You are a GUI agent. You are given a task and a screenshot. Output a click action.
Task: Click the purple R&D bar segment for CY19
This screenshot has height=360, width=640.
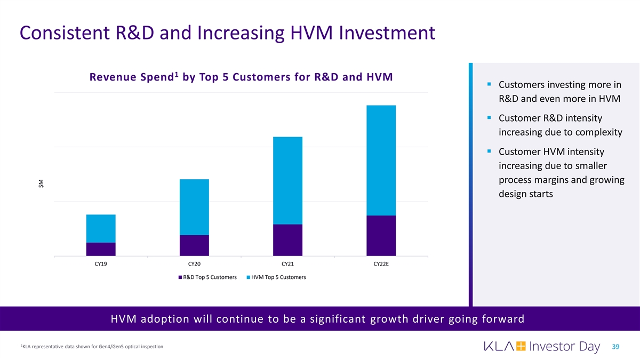(x=101, y=249)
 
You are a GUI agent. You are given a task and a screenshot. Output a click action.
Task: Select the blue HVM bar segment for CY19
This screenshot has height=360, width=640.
(x=101, y=228)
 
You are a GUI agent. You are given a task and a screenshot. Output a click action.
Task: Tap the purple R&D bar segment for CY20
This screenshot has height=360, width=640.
(x=194, y=245)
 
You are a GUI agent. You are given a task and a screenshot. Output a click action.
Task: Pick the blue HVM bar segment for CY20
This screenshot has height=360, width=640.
(x=194, y=207)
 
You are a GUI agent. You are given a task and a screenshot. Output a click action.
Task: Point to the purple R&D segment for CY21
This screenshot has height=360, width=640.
(x=287, y=240)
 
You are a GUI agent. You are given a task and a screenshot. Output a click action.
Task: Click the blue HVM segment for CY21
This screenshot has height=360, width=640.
(x=287, y=180)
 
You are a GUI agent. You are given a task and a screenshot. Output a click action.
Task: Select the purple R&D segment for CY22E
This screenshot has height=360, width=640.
(x=381, y=236)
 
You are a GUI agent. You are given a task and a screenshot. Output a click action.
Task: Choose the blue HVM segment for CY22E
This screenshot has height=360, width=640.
(x=381, y=160)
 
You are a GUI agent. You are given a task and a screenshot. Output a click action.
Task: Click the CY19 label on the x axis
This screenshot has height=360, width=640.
(x=101, y=264)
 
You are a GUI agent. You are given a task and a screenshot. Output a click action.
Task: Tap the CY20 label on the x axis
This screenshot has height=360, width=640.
(x=194, y=264)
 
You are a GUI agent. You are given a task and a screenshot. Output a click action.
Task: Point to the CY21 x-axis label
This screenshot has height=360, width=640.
(x=287, y=264)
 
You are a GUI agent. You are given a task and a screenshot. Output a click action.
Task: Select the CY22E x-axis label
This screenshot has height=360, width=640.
(x=381, y=264)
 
